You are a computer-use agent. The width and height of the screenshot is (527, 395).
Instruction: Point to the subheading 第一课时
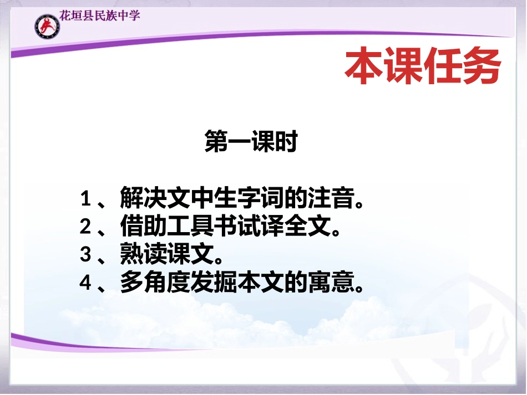pyautogui.click(x=251, y=142)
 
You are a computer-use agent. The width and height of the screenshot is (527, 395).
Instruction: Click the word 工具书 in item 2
pyautogui.click(x=201, y=227)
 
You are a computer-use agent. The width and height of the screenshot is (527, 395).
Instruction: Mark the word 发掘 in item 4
pyautogui.click(x=225, y=283)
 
